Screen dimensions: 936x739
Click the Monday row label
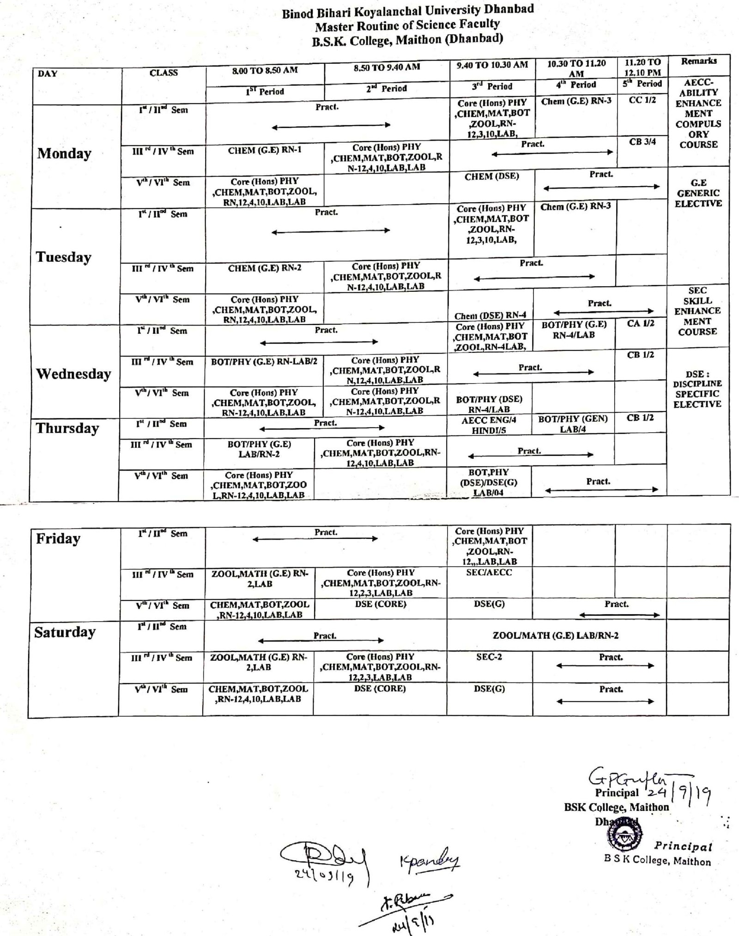[x=64, y=153]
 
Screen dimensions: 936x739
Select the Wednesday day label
[x=73, y=374]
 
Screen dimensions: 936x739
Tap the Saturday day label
[x=65, y=632]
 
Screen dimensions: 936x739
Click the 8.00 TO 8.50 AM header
[x=265, y=70]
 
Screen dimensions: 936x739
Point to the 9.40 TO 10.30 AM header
[x=492, y=65]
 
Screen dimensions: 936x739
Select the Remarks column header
[x=698, y=61]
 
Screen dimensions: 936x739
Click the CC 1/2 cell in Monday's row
[x=642, y=100]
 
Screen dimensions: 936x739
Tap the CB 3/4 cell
[x=642, y=142]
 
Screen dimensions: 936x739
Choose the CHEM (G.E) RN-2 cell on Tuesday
[x=265, y=268]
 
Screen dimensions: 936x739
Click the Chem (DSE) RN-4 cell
[x=490, y=315]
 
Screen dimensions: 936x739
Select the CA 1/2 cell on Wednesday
[x=641, y=323]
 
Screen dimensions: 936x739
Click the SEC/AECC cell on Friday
[x=489, y=572]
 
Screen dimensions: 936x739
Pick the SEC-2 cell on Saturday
[x=489, y=657]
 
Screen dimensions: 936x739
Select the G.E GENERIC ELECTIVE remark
[x=698, y=193]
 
